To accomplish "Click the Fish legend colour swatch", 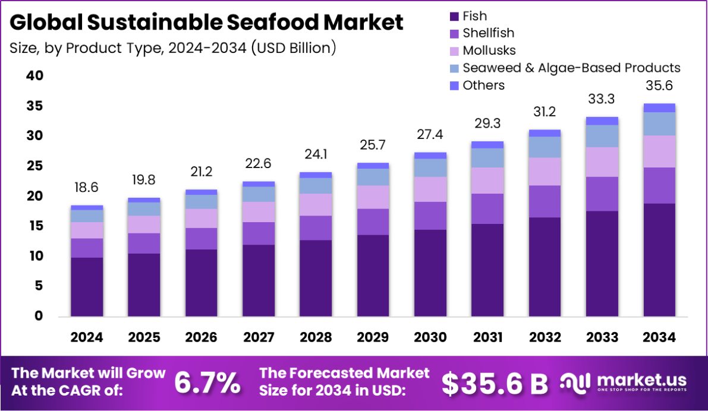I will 455,16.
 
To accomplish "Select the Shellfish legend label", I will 489,33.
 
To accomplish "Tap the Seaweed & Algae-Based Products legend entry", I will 571,68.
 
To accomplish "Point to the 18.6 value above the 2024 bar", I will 87,188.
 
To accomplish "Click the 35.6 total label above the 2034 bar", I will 659,86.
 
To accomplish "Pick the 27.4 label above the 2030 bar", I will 430,135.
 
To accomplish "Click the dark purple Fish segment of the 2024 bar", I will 87,286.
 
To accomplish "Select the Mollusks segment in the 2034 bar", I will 659,151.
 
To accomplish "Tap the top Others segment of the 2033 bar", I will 602,121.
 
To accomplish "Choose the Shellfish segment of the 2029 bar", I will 373,222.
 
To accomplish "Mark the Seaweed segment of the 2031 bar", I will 487,157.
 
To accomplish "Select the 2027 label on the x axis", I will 259,337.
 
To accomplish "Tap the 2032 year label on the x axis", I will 545,337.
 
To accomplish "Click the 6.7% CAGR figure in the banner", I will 207,384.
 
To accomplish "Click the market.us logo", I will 624,382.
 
